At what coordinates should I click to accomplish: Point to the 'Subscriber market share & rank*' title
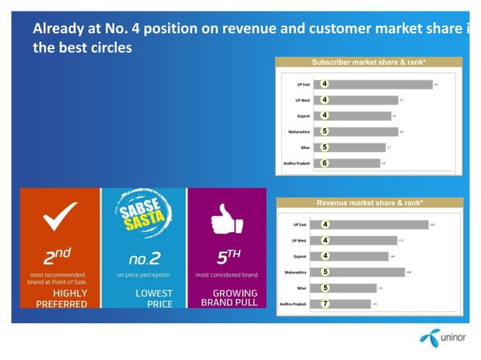[x=369, y=62]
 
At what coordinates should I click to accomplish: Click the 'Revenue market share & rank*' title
[x=369, y=203]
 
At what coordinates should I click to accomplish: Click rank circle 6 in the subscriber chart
[x=324, y=163]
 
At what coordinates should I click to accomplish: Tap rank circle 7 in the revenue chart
[x=324, y=304]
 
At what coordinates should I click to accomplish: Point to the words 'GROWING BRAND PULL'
[x=229, y=297]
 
